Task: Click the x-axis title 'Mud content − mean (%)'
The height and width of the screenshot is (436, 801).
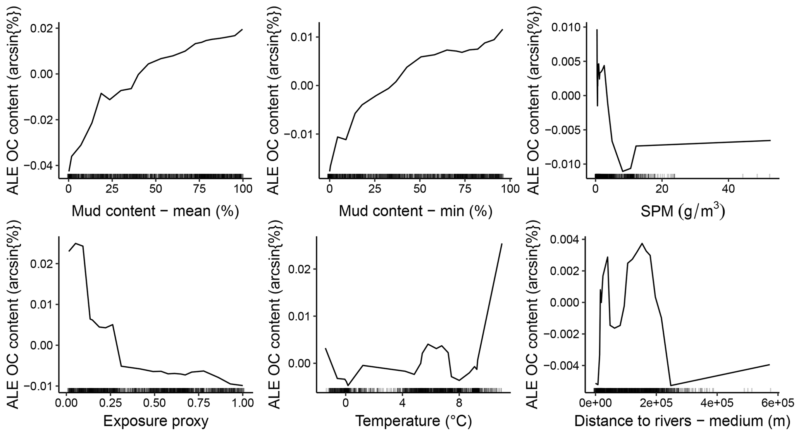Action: (x=155, y=212)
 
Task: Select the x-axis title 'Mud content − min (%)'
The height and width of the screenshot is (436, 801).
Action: (x=415, y=212)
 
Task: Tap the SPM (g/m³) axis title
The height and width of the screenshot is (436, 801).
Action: (x=682, y=212)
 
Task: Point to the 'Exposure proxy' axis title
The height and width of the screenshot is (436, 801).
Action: (x=156, y=421)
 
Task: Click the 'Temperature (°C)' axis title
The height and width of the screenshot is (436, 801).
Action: (x=413, y=421)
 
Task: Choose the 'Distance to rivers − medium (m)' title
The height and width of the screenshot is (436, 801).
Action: (x=682, y=421)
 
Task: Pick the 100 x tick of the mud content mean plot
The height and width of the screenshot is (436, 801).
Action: (x=243, y=189)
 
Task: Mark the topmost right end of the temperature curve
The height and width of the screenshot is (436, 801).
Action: (x=502, y=244)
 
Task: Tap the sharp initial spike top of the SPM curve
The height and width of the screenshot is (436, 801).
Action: (x=597, y=30)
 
